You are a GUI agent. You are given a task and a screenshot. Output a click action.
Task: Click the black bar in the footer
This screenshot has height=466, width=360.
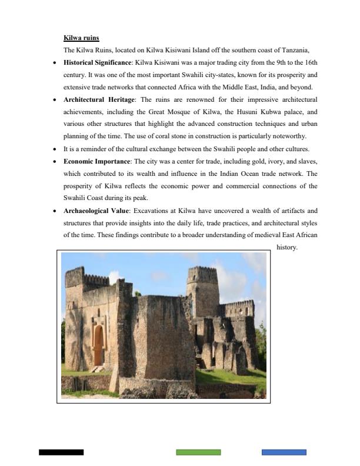coord(61,452)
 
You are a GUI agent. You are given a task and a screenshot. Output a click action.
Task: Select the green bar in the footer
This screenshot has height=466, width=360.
coord(198,452)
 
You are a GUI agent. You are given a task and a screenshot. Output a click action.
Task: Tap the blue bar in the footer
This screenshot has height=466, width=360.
coord(284,452)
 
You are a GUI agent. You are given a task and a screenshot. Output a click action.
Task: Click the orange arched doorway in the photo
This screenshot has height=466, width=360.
coord(98,345)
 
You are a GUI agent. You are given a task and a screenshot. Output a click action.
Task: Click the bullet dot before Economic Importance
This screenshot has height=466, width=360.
coord(55,161)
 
